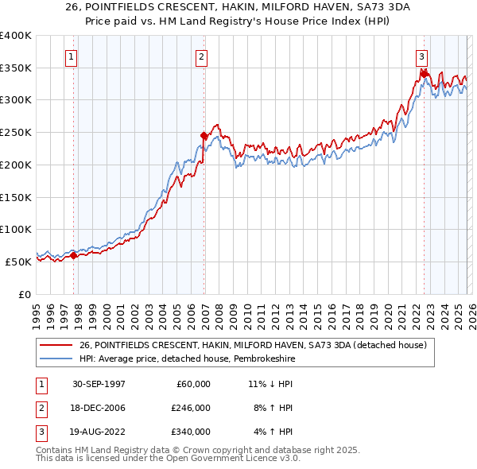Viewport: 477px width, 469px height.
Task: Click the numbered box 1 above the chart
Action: [72, 56]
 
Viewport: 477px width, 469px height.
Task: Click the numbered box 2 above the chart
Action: [202, 56]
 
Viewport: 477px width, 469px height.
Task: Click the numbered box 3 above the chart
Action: [421, 56]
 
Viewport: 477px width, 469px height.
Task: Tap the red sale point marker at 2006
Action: [204, 135]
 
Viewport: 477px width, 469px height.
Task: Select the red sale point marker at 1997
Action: [74, 255]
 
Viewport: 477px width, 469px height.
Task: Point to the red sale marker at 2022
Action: [424, 75]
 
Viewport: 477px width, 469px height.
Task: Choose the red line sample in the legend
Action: [57, 345]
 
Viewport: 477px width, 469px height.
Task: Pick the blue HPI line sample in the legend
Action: [57, 359]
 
